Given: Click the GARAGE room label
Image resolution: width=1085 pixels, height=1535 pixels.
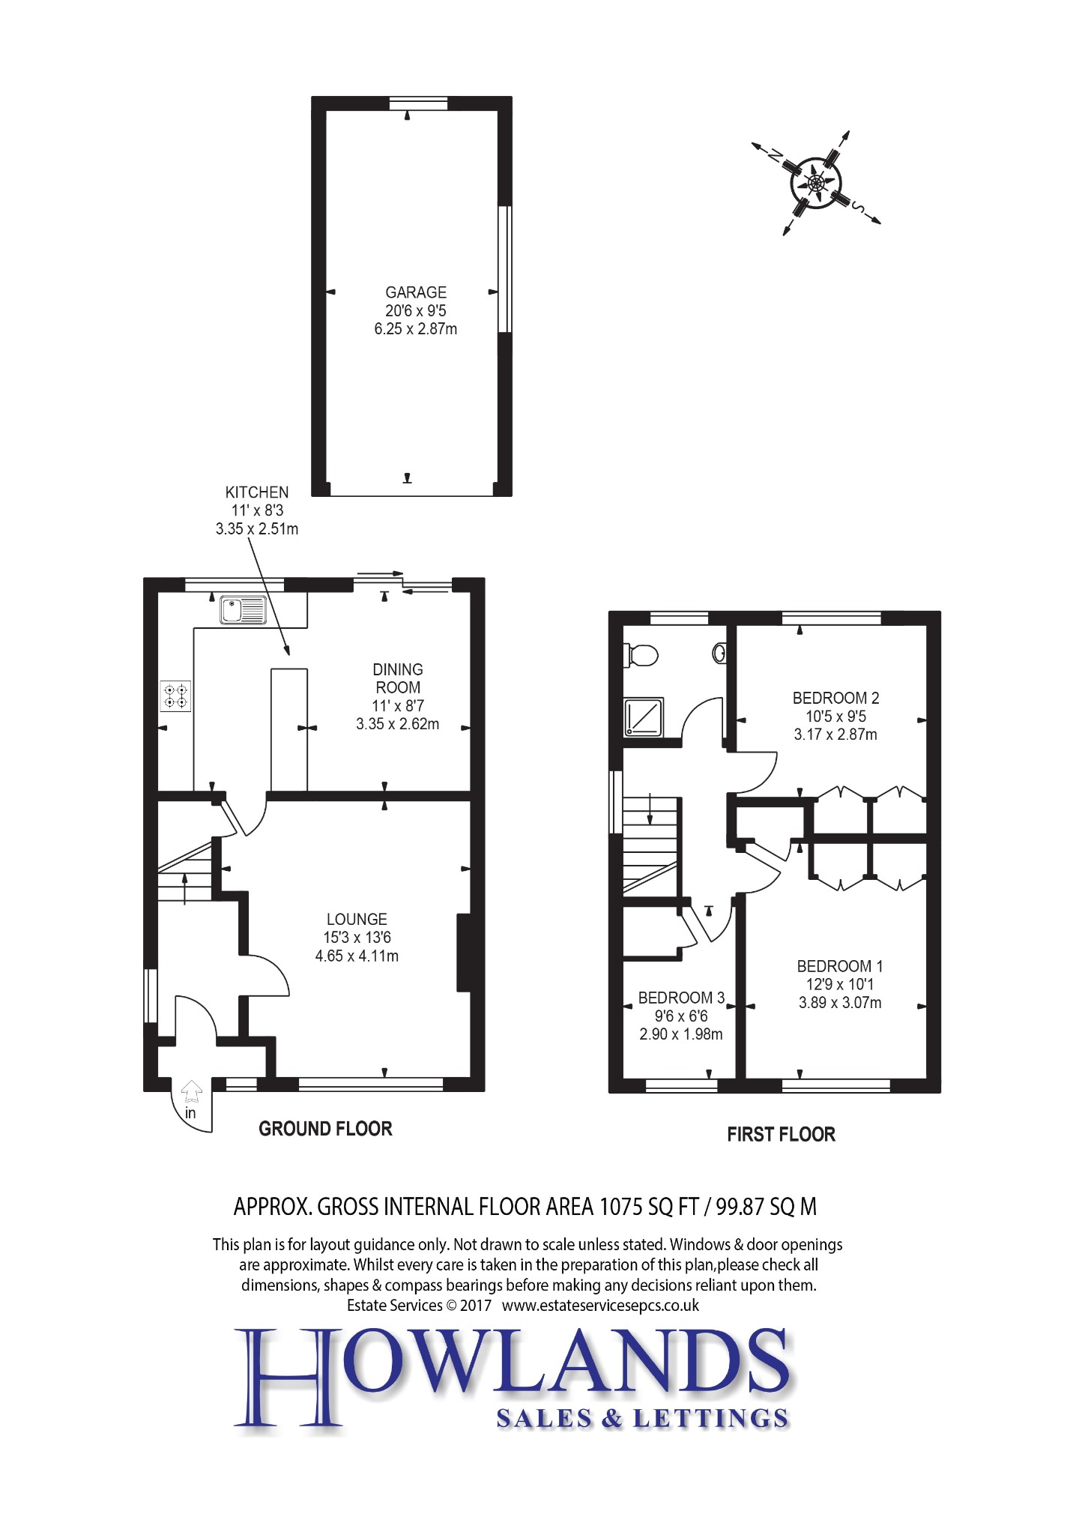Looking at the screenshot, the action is (416, 292).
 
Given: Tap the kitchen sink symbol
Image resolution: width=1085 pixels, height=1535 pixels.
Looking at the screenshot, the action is (243, 610).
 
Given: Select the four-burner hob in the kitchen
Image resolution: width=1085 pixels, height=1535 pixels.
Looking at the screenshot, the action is (175, 696).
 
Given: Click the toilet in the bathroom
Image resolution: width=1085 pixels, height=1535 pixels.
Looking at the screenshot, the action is (641, 655).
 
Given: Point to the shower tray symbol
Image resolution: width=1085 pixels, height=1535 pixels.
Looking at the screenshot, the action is (644, 717).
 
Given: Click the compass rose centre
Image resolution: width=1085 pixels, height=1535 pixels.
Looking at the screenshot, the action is (816, 182).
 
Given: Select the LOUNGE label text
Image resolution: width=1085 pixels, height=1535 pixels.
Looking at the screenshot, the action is (357, 919).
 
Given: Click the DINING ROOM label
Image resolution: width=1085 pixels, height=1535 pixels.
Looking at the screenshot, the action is (398, 678).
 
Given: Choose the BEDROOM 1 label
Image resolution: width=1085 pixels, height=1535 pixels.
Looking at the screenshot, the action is (840, 966).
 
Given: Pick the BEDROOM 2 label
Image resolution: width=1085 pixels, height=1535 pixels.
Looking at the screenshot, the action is (835, 698).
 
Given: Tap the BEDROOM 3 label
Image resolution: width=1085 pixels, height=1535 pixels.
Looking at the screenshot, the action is (681, 998).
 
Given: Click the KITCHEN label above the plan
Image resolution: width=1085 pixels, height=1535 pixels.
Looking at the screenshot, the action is (257, 492).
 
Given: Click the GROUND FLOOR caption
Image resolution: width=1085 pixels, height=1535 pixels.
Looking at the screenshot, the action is (325, 1129).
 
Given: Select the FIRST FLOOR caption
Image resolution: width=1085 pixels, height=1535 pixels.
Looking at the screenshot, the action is (781, 1135).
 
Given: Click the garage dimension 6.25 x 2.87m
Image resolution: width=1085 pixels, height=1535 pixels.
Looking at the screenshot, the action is (416, 328).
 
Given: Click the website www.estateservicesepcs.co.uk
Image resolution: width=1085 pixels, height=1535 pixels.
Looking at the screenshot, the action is (600, 1305).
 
